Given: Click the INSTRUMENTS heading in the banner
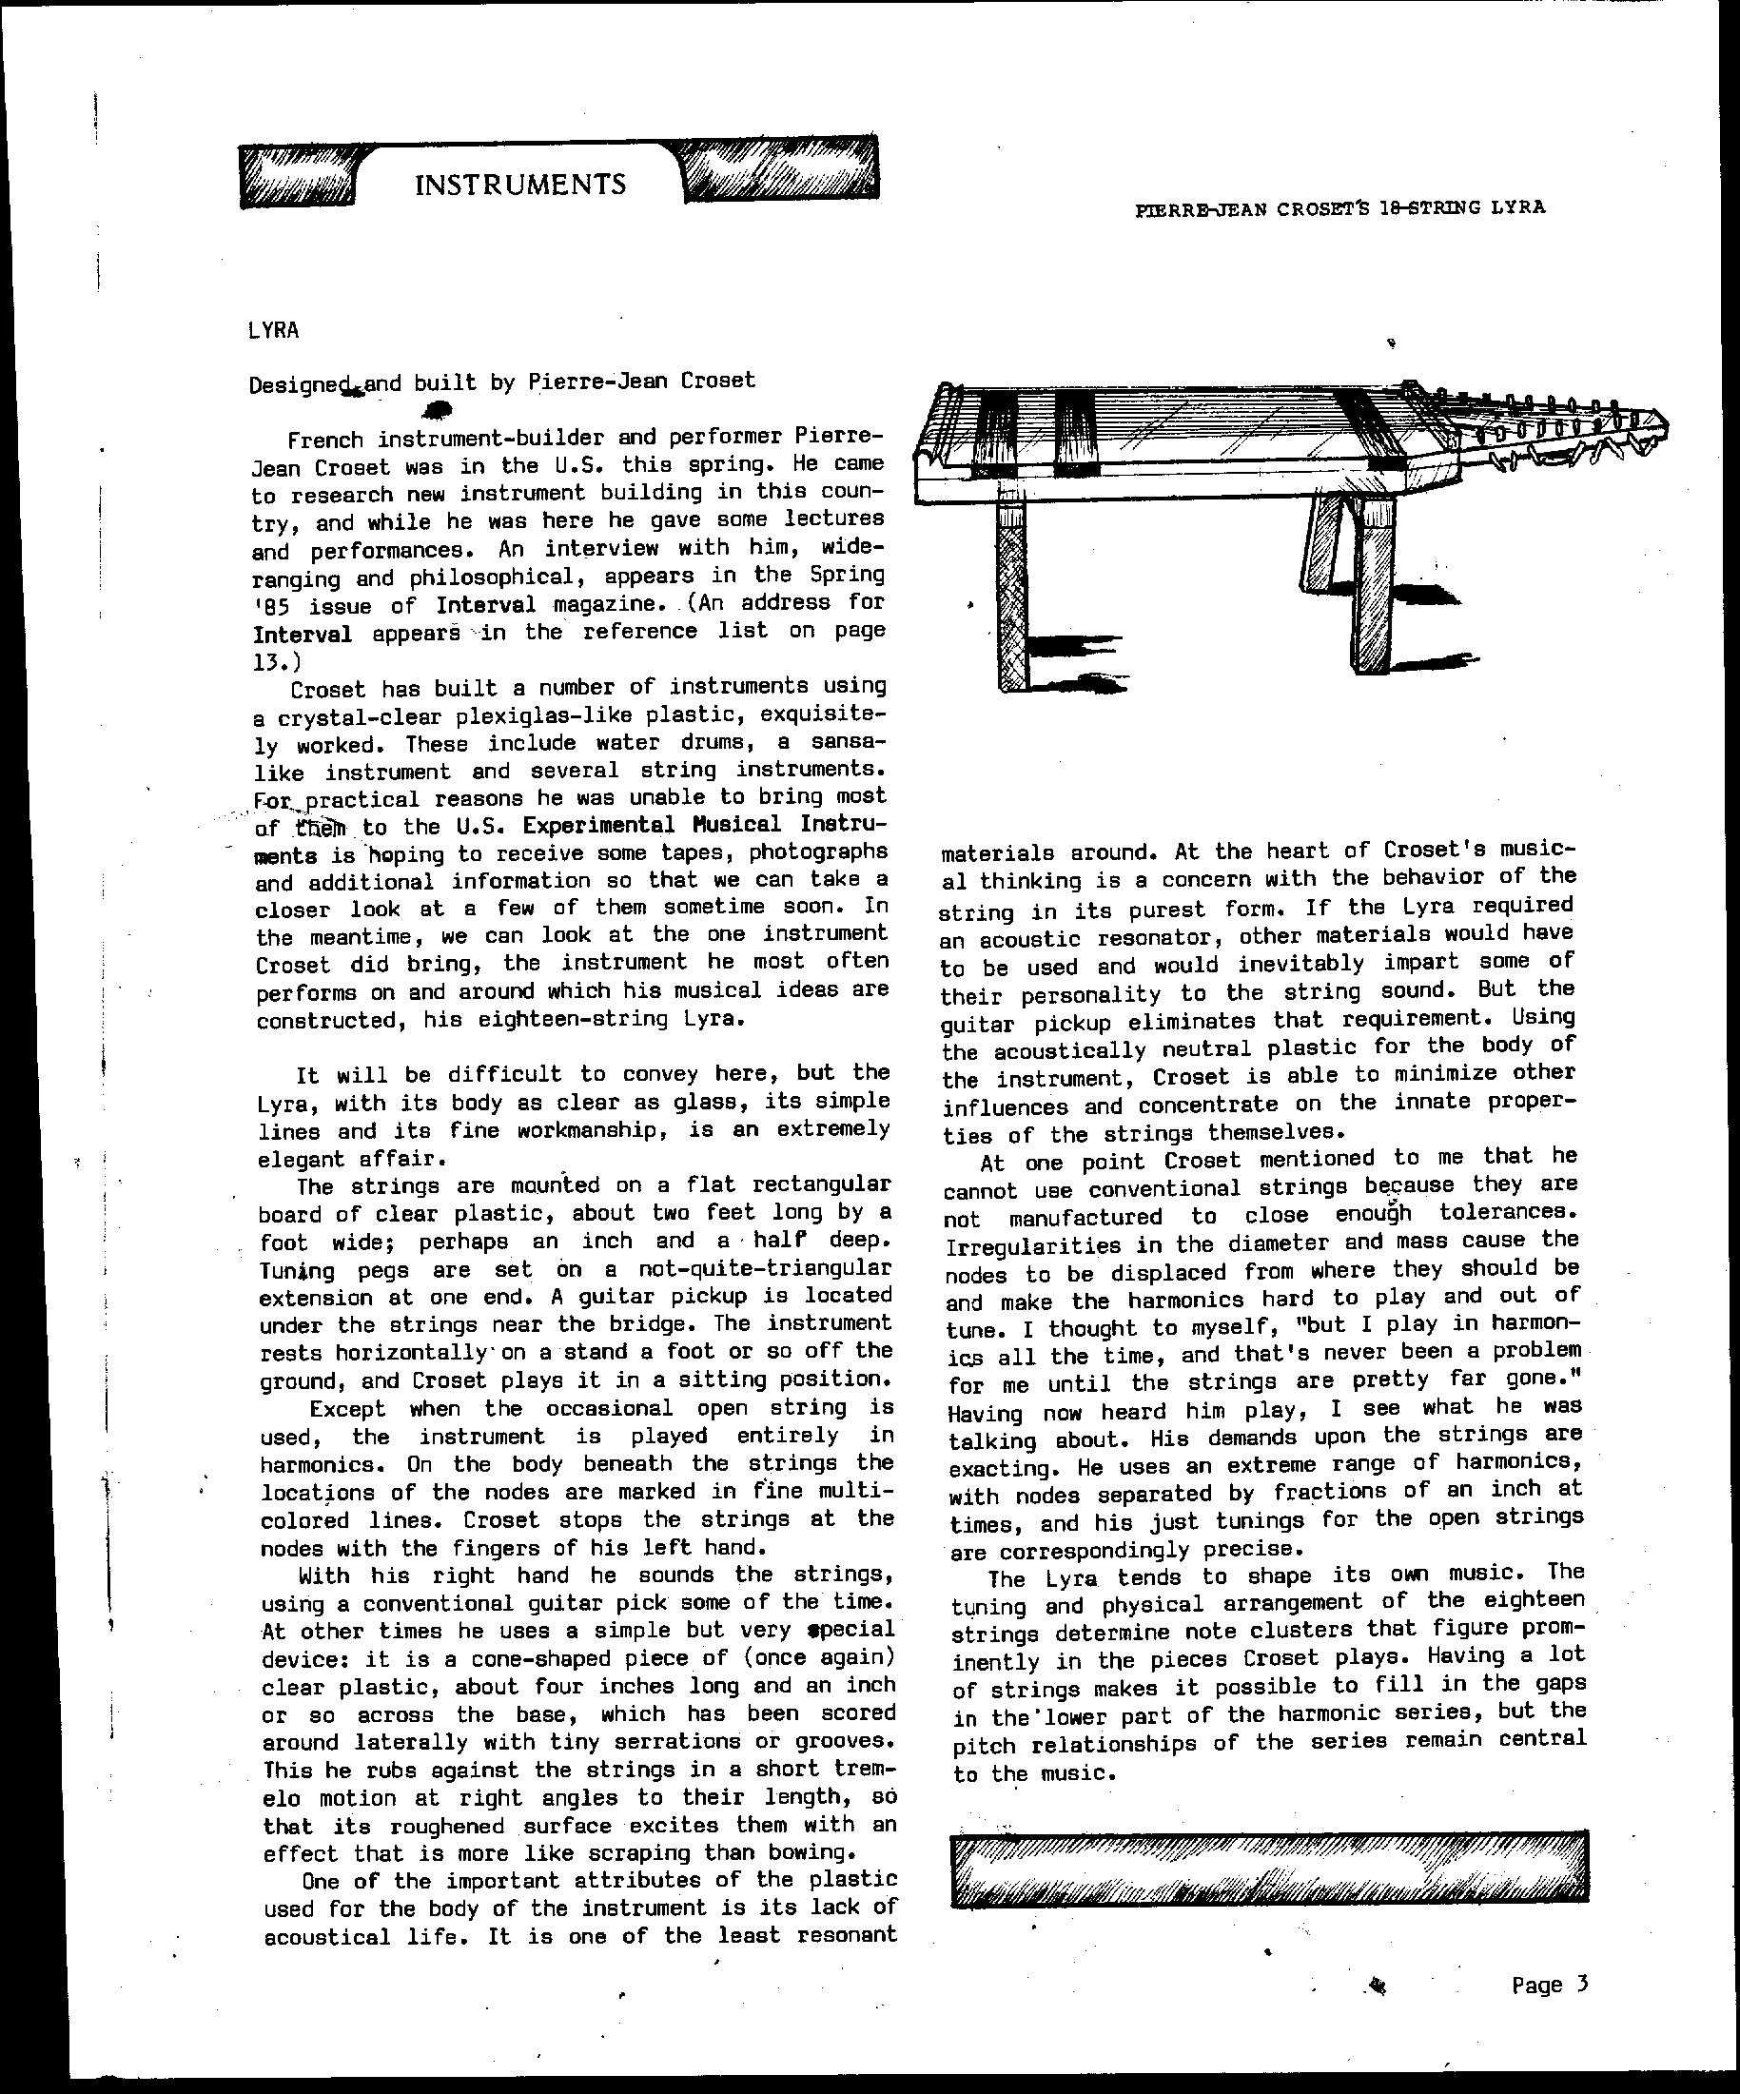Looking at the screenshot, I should click(x=519, y=184).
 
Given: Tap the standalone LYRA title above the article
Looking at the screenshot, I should click(x=273, y=330).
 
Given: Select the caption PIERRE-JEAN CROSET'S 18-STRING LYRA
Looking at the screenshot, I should click(x=1340, y=207).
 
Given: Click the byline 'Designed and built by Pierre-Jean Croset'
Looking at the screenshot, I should click(x=501, y=381).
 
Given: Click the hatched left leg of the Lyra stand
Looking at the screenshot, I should click(x=1011, y=594).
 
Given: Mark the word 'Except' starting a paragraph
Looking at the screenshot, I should click(x=347, y=1409).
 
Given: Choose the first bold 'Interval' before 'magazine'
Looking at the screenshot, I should click(x=485, y=605).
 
